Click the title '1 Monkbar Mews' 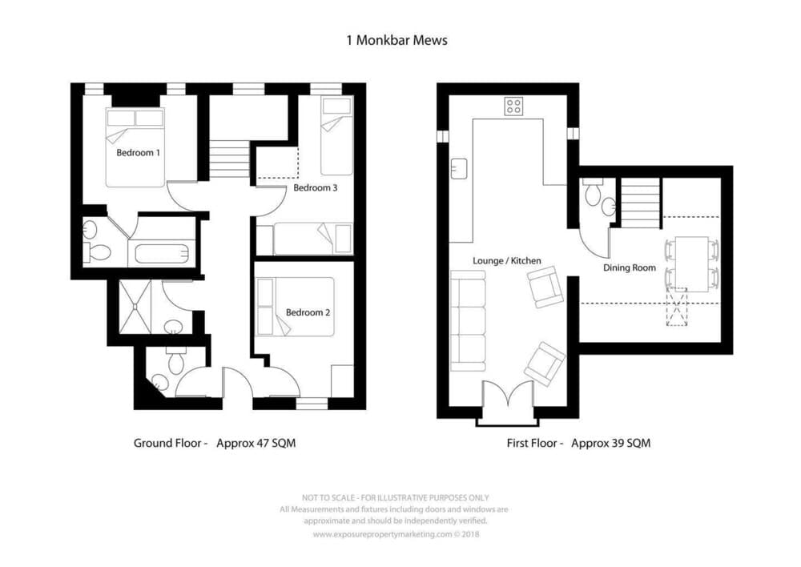[x=397, y=40]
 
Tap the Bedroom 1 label [x=138, y=152]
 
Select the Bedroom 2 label [x=308, y=312]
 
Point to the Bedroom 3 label [x=315, y=187]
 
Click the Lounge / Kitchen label [x=507, y=260]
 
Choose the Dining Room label [x=630, y=267]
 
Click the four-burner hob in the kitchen [x=513, y=107]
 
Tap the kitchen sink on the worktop [x=459, y=168]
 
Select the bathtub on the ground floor [x=162, y=254]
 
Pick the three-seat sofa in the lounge [x=468, y=321]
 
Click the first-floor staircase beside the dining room [x=641, y=203]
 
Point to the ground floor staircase [x=229, y=159]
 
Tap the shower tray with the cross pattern [x=135, y=307]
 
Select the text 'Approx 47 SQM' [x=256, y=443]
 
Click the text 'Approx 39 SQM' [x=611, y=443]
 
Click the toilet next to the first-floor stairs [x=593, y=192]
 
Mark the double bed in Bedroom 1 [x=135, y=147]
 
